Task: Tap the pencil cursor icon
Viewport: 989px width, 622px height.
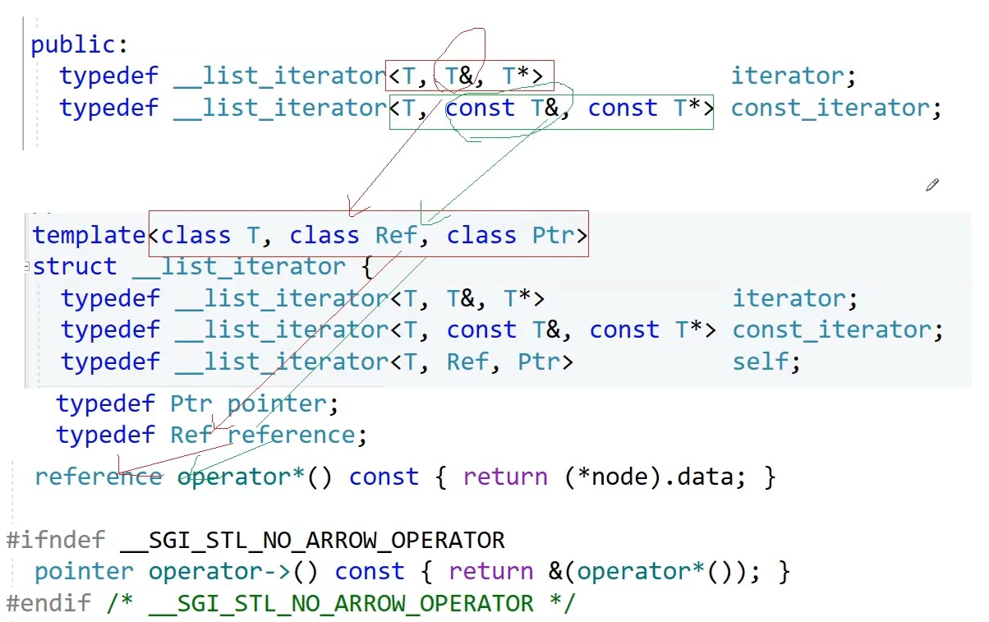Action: tap(931, 185)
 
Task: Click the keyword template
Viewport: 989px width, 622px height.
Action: tap(89, 236)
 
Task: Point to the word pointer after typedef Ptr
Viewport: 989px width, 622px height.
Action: tap(277, 404)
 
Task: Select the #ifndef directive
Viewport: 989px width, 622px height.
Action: tap(55, 541)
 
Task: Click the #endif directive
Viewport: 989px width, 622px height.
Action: tap(48, 604)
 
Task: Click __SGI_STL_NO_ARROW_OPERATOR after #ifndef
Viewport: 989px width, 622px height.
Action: tap(312, 541)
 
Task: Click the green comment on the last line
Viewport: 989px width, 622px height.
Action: tap(341, 604)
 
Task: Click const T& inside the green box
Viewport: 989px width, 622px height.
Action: tap(503, 108)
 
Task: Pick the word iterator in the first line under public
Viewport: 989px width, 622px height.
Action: tap(787, 76)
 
